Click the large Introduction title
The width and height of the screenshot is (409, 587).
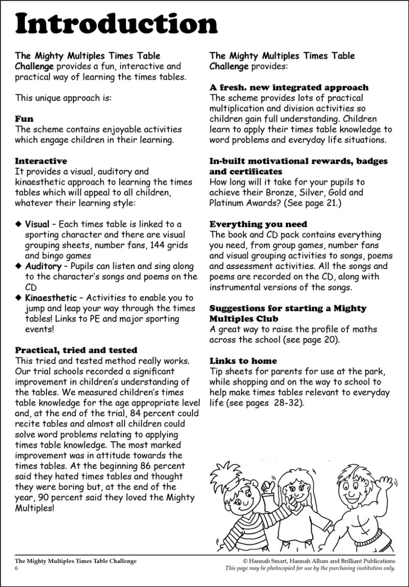tap(116, 24)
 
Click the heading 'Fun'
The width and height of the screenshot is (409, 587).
tap(24, 119)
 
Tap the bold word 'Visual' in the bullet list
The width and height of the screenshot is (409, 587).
tap(37, 224)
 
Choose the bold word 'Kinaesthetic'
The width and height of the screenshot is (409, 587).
tap(51, 298)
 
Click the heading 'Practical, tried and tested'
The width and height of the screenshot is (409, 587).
tap(76, 350)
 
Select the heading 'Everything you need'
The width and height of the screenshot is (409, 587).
tap(258, 224)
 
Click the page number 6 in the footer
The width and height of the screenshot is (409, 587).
tap(16, 568)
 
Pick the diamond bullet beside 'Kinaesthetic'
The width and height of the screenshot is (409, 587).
tap(19, 298)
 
